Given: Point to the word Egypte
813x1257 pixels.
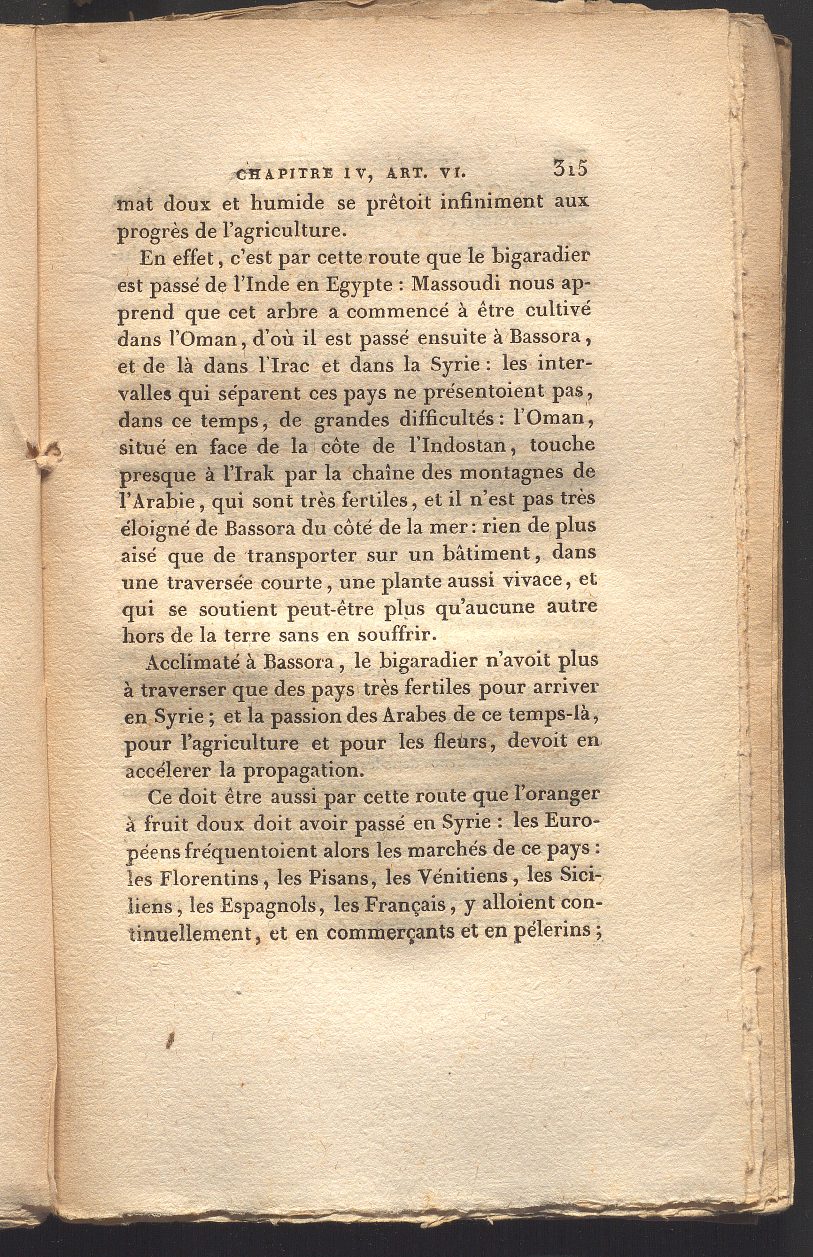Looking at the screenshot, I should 358,286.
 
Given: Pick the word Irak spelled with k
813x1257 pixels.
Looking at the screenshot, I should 248,473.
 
